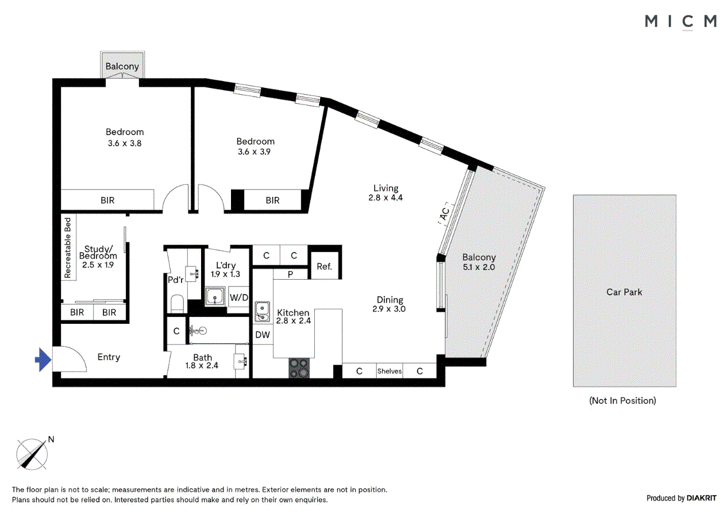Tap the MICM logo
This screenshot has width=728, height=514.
coord(680,21)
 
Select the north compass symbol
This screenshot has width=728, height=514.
coord(32,453)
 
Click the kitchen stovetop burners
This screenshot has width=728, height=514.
coord(299,368)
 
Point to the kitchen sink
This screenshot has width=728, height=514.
coord(262,311)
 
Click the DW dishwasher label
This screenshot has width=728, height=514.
coord(263,335)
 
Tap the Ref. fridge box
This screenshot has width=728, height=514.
coord(323,266)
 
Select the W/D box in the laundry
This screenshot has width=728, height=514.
coord(238,297)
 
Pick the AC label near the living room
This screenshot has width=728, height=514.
coord(445,214)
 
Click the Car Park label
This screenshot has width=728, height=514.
coord(624,292)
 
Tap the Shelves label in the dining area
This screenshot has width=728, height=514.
coord(389,371)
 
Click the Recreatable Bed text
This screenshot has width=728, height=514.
coord(67,248)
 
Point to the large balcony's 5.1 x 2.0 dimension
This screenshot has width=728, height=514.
coord(479,267)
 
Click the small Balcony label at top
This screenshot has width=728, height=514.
coord(122,66)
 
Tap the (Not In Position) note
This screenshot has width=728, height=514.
coord(622,400)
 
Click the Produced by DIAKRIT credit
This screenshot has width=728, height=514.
coord(681,498)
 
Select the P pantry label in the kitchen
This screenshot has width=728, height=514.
coord(290,275)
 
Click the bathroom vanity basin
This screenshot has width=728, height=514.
coord(241,361)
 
